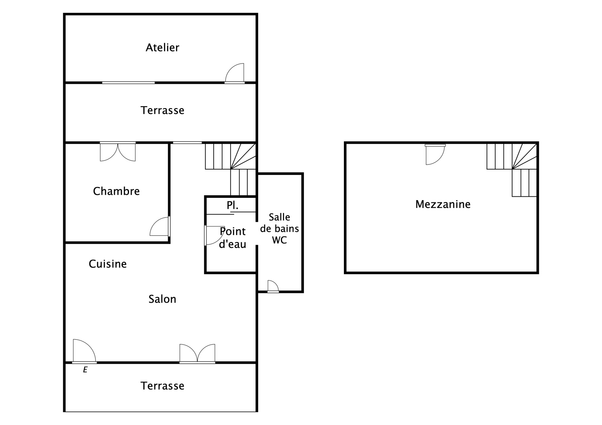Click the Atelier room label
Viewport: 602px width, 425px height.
[162, 47]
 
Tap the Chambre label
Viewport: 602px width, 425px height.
[116, 191]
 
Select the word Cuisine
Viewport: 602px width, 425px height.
[108, 264]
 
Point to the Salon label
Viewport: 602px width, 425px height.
[162, 299]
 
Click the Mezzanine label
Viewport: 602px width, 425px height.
[443, 204]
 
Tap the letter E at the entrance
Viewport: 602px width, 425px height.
[85, 370]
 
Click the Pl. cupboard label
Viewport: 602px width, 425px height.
[233, 205]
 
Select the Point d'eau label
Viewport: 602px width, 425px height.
[233, 238]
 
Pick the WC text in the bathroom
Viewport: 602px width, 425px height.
[280, 240]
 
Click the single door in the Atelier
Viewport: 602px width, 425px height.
[235, 73]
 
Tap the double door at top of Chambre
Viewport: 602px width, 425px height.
[118, 152]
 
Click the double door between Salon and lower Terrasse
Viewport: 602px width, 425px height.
[197, 354]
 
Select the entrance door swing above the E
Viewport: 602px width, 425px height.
[84, 351]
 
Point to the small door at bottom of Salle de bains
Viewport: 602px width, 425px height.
[273, 286]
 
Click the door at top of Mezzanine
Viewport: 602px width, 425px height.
[435, 155]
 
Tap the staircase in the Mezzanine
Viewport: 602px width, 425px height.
[512, 170]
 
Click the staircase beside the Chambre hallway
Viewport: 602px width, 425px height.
[230, 169]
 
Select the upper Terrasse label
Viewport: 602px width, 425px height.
[162, 111]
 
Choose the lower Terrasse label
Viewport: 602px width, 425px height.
[162, 386]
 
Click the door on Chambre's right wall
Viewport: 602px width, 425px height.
[160, 226]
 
